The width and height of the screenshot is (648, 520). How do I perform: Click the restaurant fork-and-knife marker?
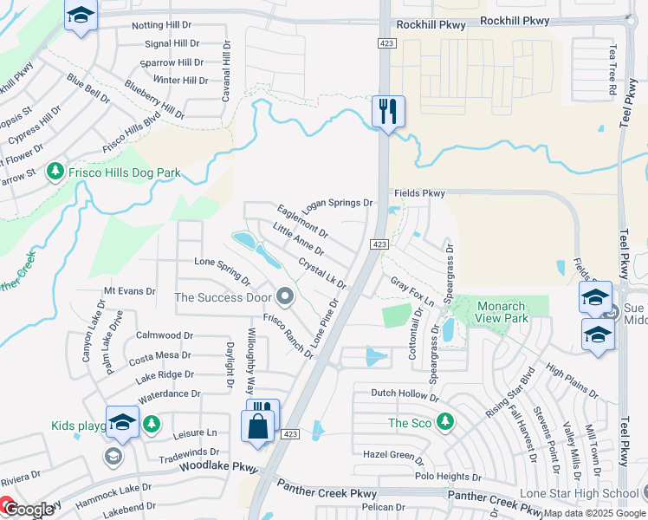point(388,111)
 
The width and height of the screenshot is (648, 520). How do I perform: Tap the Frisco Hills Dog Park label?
point(126,172)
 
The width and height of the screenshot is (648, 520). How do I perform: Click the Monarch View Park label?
point(502,312)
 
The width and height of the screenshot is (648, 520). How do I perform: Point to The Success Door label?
point(224,297)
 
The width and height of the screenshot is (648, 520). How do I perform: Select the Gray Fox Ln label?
point(411,286)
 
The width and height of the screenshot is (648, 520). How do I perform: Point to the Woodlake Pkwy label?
point(219,467)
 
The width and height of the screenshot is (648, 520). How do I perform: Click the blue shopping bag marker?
point(259,426)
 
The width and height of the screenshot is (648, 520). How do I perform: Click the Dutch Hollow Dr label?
point(405,393)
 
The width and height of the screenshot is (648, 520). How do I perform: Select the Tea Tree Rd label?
point(612,69)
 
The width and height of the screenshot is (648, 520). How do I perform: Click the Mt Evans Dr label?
point(129,292)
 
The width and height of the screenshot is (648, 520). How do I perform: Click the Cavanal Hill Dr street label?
point(226,72)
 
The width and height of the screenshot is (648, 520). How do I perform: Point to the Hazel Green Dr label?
point(392,454)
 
